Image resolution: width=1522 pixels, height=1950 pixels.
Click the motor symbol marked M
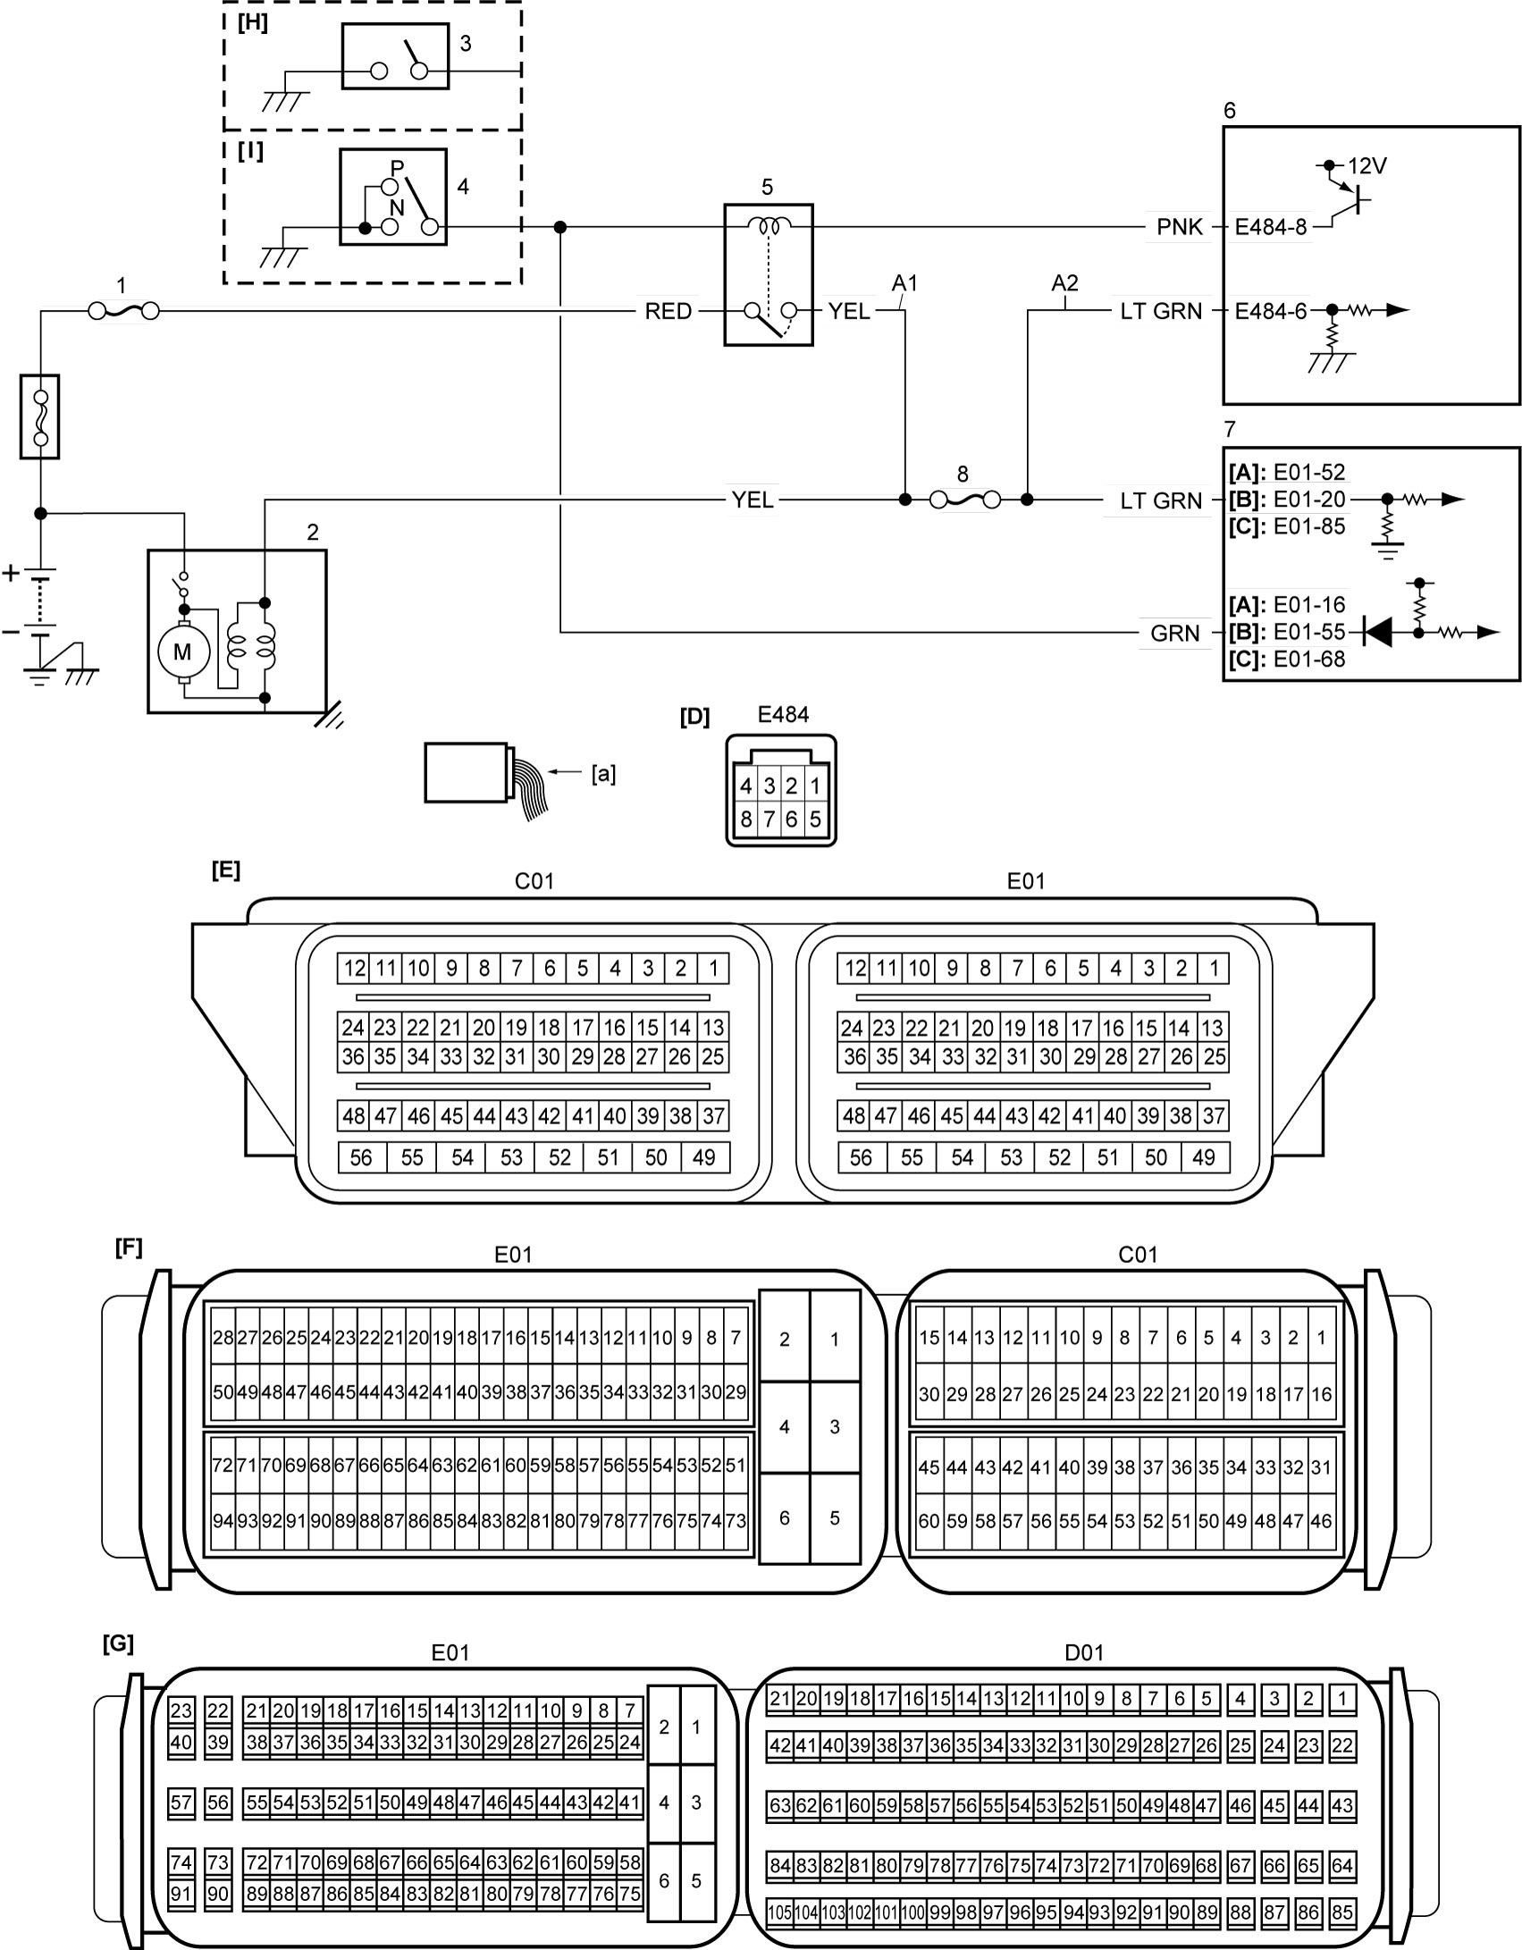[x=182, y=652]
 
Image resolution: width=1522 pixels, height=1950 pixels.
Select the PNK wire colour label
[x=1180, y=227]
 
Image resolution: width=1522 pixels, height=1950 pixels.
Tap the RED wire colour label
[x=669, y=311]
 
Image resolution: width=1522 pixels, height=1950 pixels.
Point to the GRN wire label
[x=1174, y=633]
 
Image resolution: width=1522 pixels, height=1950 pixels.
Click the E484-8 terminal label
[x=1271, y=227]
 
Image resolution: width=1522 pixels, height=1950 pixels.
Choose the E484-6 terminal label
[x=1271, y=311]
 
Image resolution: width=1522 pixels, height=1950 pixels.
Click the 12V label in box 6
[x=1367, y=165]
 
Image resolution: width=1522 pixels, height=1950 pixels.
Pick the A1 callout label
[x=905, y=283]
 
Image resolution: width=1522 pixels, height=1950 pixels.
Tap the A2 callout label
[x=1064, y=283]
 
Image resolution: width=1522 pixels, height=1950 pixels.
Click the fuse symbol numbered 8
[x=965, y=500]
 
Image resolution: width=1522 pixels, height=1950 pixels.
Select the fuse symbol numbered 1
[x=124, y=311]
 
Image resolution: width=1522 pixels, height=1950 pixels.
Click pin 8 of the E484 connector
[x=746, y=819]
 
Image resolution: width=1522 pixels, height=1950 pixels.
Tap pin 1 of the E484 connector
[x=814, y=786]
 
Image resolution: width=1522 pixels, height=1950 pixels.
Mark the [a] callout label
[x=604, y=774]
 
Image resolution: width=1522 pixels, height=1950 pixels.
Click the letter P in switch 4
[x=397, y=168]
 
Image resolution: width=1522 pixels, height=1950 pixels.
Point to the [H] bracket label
[x=253, y=24]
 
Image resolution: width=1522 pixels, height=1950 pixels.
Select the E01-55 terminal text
[x=1309, y=632]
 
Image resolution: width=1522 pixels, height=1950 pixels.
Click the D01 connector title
[x=1085, y=1652]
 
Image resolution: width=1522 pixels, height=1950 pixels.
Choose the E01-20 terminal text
[x=1309, y=500]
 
